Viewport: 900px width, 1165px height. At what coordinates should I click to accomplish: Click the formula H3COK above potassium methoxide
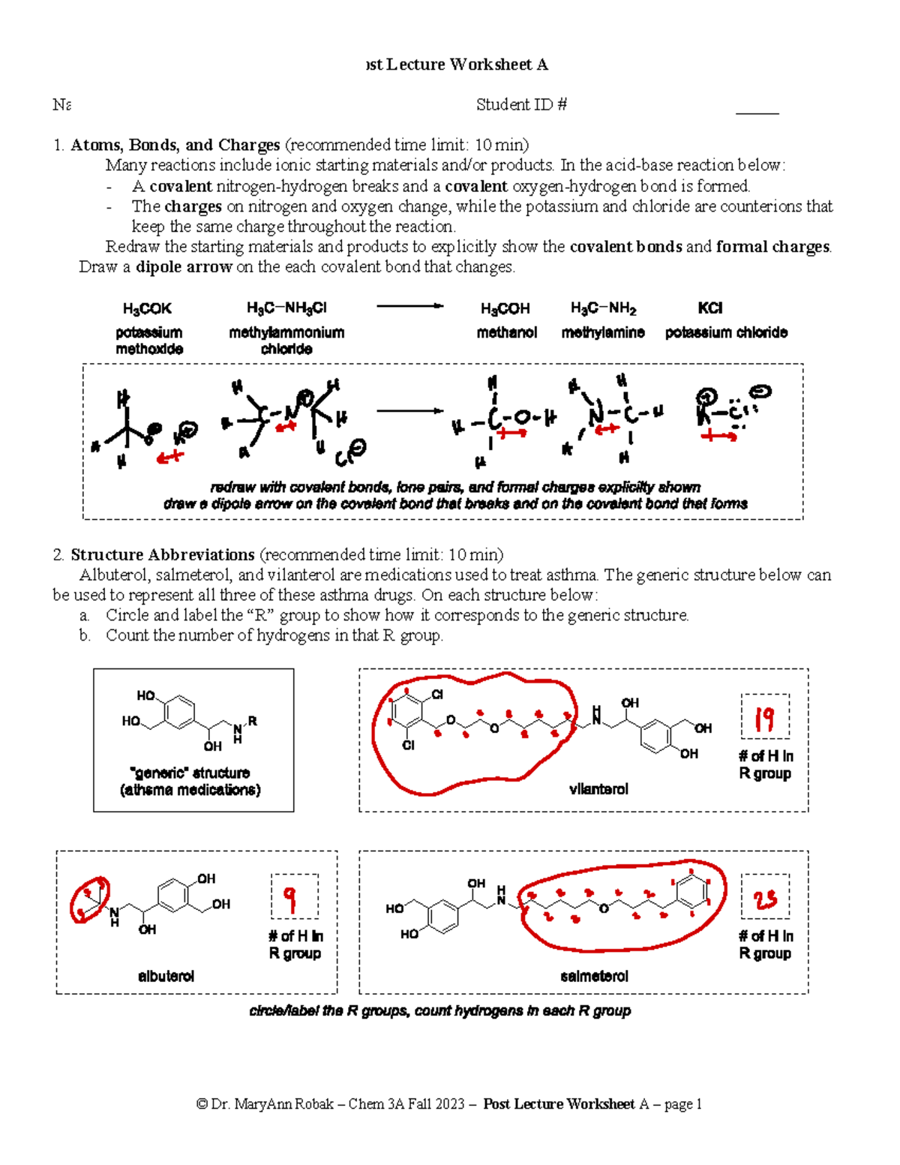click(x=147, y=308)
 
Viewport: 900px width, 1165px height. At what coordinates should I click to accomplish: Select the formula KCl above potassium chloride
click(x=709, y=308)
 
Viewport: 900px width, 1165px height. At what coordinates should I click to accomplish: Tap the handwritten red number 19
click(x=764, y=719)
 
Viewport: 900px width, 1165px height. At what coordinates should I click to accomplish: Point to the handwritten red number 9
click(x=291, y=897)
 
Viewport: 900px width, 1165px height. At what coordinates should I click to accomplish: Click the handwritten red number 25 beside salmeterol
click(x=765, y=899)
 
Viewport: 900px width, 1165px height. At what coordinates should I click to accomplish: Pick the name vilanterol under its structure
click(x=598, y=789)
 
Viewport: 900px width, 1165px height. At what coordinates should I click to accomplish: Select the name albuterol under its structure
click(x=166, y=976)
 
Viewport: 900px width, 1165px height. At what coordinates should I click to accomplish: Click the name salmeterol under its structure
click(x=594, y=976)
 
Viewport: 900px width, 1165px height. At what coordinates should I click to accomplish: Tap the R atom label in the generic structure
click(x=253, y=721)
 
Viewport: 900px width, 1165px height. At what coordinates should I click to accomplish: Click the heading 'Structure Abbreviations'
click(x=163, y=555)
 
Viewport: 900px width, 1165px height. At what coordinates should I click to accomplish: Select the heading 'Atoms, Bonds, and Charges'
click(x=175, y=145)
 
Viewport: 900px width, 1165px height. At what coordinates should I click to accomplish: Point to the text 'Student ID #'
click(x=521, y=105)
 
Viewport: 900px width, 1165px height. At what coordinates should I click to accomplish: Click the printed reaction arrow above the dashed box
click(x=409, y=306)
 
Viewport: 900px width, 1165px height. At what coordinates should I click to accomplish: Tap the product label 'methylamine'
click(x=603, y=332)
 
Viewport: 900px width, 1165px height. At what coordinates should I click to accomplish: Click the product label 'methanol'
click(x=507, y=332)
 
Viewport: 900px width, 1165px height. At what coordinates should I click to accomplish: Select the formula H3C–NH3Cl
click(x=286, y=308)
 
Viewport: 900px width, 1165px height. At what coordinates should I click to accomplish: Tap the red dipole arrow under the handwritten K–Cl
click(x=718, y=436)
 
